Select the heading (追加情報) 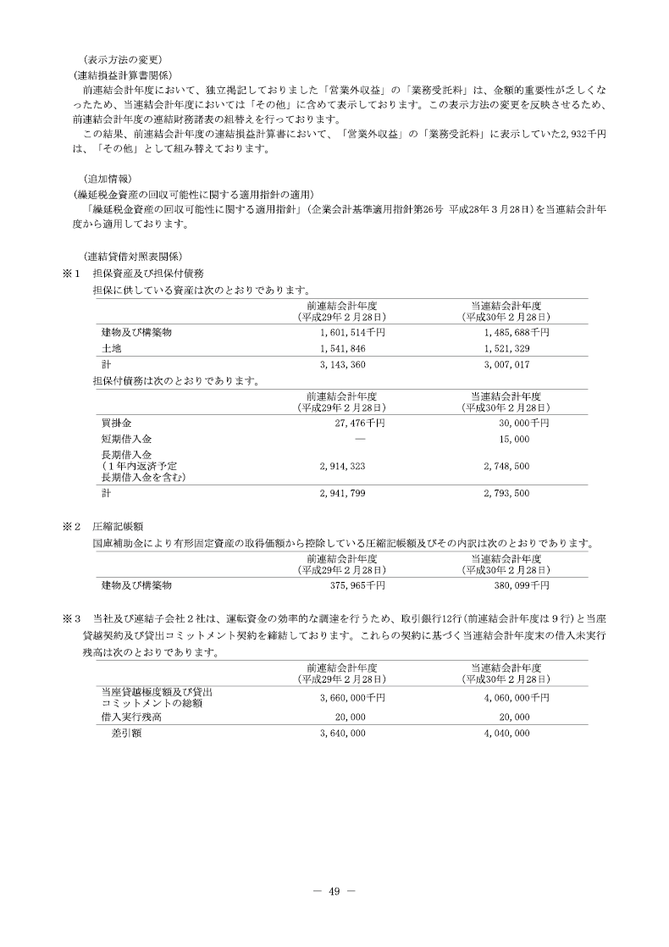point(108,179)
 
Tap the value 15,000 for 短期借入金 point(515,440)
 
